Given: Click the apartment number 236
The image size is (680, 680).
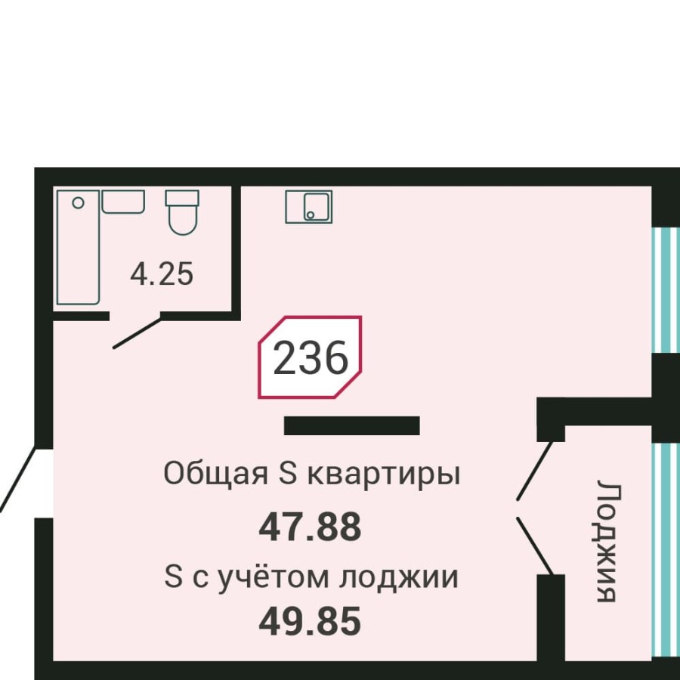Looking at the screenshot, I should tap(310, 358).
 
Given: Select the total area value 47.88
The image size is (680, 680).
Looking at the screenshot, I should tap(310, 527).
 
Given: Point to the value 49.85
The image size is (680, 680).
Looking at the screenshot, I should tap(310, 622).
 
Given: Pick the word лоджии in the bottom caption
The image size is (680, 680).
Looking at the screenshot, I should tap(398, 579).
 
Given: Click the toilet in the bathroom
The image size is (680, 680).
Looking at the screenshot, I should tap(182, 211).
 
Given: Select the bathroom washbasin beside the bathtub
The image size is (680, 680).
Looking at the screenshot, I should tap(123, 202).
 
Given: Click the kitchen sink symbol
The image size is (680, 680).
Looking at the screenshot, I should tap(308, 206).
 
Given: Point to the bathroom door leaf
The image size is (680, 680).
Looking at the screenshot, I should tap(137, 333).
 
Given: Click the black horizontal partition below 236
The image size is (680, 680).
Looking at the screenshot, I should tap(351, 425).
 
